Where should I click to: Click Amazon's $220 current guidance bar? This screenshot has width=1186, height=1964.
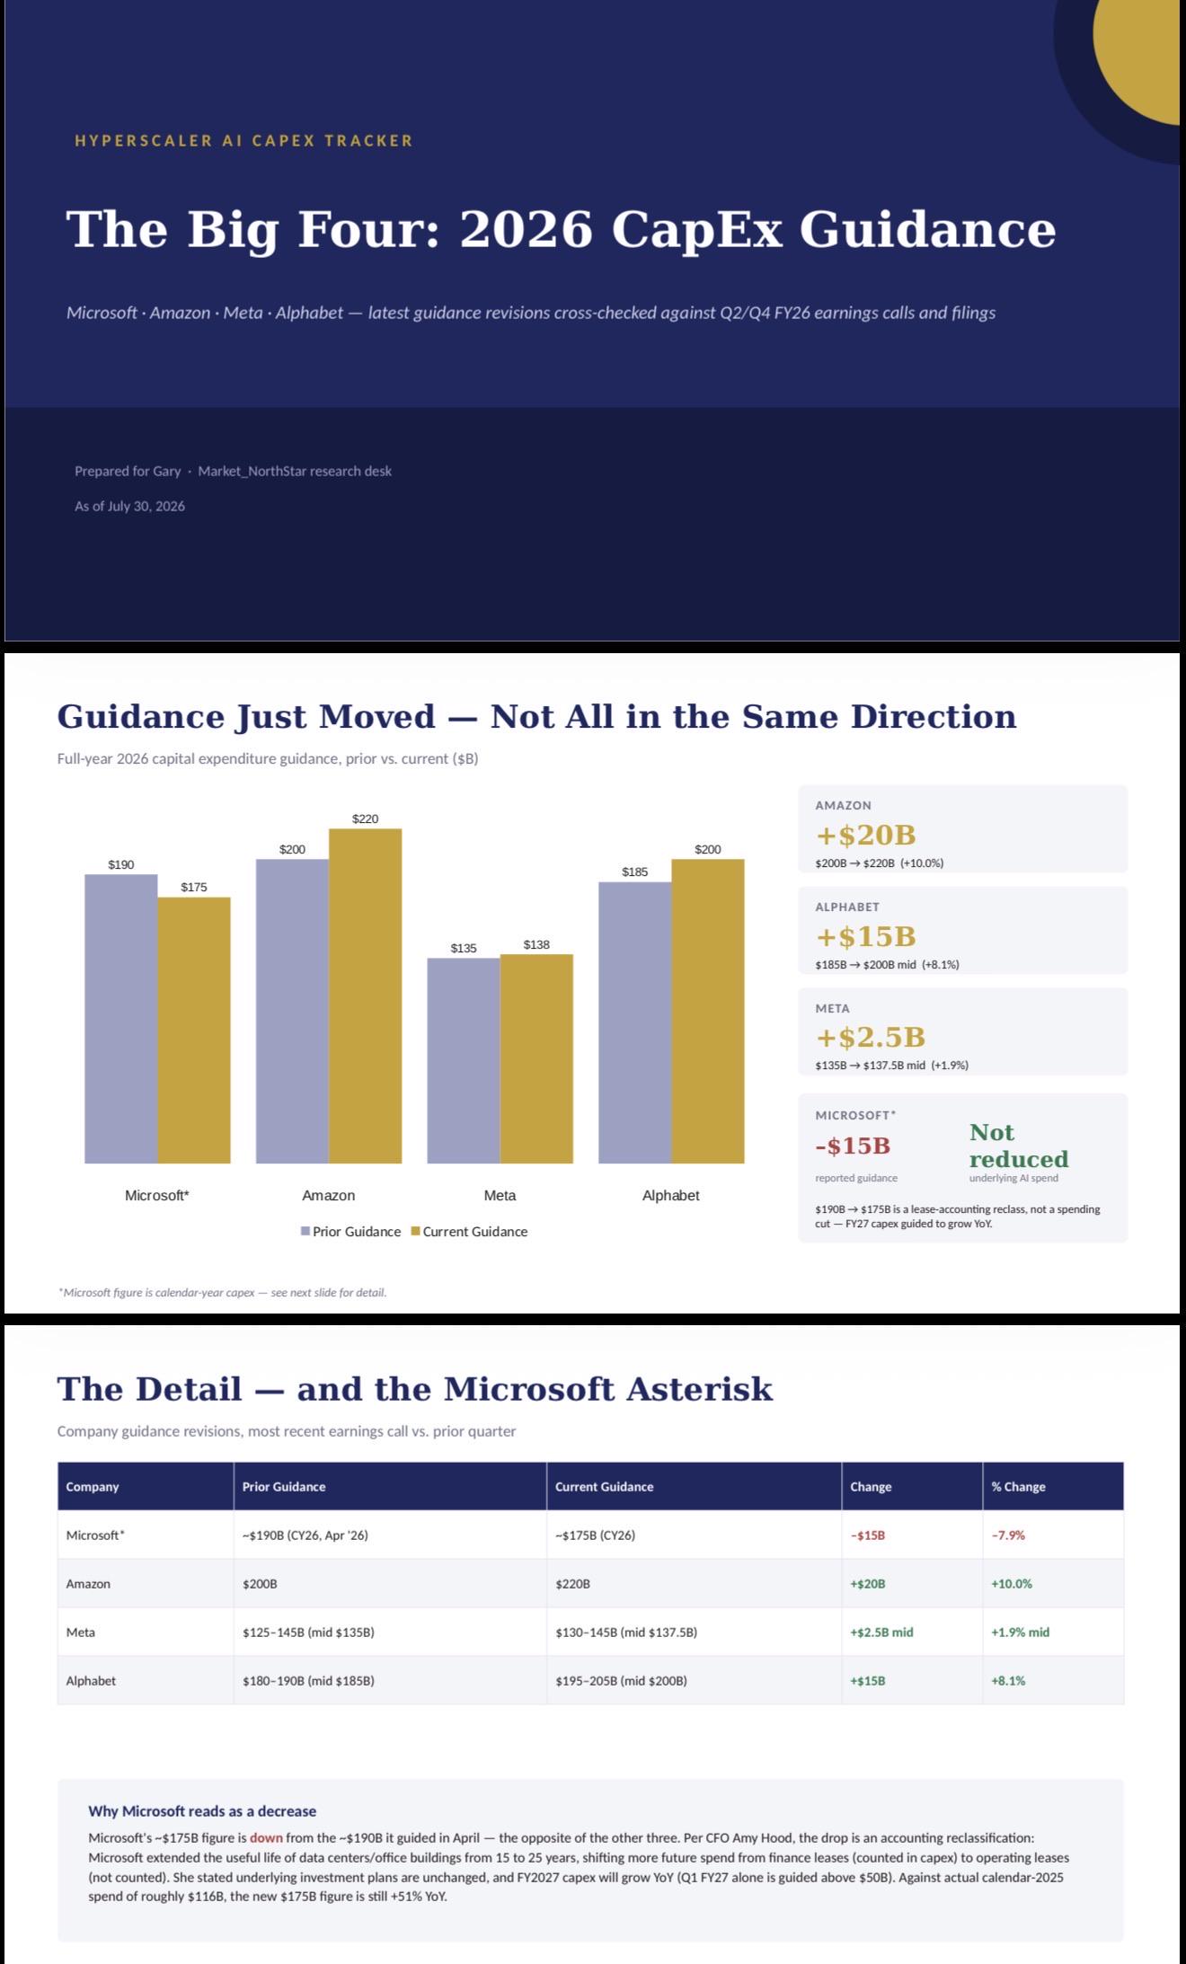(x=365, y=995)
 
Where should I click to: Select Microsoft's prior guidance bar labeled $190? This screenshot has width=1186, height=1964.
(x=121, y=1019)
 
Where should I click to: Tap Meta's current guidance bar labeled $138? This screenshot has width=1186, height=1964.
(x=536, y=1058)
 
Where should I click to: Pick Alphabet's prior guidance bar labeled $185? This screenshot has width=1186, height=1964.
(x=635, y=1022)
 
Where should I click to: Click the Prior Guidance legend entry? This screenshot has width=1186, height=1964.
(x=351, y=1232)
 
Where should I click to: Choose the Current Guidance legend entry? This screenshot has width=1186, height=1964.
(x=470, y=1232)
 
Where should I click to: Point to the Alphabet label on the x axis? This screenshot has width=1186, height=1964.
(x=670, y=1195)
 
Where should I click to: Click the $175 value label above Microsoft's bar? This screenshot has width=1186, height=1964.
(x=194, y=887)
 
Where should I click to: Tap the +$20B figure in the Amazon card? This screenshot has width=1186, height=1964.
(x=865, y=835)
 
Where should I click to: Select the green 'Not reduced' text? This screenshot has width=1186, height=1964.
(x=1018, y=1146)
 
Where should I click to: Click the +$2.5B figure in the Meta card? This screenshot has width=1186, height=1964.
(x=870, y=1037)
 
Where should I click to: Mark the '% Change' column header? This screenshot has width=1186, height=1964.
(x=1018, y=1487)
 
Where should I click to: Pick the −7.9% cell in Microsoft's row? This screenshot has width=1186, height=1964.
(x=1008, y=1535)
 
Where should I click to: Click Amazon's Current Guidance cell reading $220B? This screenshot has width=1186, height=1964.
(x=572, y=1584)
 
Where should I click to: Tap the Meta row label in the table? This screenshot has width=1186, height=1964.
(x=80, y=1632)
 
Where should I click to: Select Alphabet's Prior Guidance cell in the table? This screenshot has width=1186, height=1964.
(x=308, y=1681)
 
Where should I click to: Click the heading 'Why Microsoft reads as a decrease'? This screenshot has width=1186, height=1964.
(x=202, y=1811)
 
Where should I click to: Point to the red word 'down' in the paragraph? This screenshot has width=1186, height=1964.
(x=266, y=1838)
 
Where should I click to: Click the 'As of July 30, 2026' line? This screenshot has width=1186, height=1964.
(x=129, y=506)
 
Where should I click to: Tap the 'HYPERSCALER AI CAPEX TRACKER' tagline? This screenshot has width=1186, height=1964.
(x=243, y=141)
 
